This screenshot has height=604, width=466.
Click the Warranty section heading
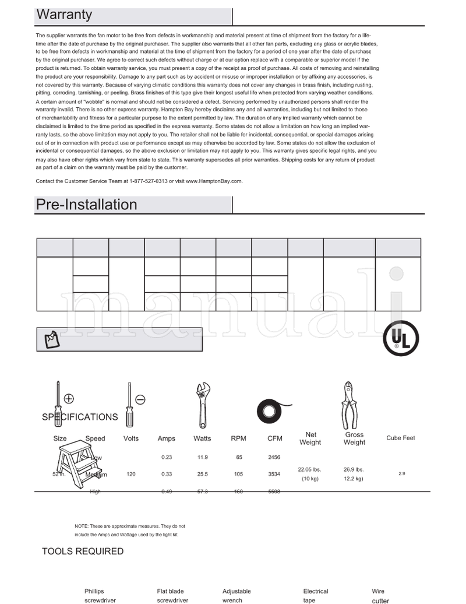pos(64,15)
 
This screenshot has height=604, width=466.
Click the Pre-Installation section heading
pos(86,205)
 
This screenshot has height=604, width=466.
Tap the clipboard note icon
pos(51,339)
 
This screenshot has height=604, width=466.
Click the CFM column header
pos(274,438)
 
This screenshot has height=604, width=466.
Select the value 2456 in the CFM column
pos(274,458)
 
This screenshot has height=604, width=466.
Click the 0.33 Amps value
pos(166,475)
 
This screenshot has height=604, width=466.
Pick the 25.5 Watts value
pos(202,475)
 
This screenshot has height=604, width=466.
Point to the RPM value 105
pos(238,475)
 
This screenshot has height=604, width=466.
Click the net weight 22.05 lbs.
pos(309,469)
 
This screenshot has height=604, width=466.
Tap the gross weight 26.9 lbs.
pos(354,469)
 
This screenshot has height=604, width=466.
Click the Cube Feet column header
pos(400,438)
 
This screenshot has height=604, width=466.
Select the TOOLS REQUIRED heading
pos(83,552)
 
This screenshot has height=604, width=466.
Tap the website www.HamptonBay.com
pos(214,181)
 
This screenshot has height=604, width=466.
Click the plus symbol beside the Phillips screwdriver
pos(69,399)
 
